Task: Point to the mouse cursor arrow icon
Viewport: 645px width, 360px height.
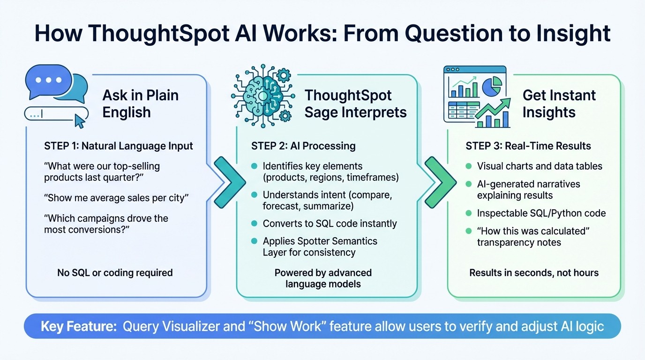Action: click(80, 122)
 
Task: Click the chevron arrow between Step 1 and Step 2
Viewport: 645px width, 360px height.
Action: click(229, 182)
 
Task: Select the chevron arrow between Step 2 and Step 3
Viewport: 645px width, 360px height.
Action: click(440, 182)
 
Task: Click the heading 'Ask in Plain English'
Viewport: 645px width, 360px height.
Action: click(140, 104)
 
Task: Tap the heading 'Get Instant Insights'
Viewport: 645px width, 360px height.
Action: click(559, 104)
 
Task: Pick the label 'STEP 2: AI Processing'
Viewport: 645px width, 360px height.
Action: click(303, 146)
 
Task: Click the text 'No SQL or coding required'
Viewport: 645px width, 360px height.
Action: click(115, 272)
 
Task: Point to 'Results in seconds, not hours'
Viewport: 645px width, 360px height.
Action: click(534, 272)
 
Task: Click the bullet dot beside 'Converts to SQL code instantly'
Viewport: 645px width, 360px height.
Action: click(254, 224)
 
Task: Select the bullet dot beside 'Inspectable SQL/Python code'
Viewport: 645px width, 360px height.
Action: click(468, 213)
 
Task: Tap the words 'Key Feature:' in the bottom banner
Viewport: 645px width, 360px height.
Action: click(78, 326)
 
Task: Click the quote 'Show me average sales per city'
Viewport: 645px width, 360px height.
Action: click(116, 197)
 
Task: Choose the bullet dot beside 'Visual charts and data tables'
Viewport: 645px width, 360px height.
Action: click(468, 166)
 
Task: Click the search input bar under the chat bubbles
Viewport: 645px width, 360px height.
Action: click(56, 113)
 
